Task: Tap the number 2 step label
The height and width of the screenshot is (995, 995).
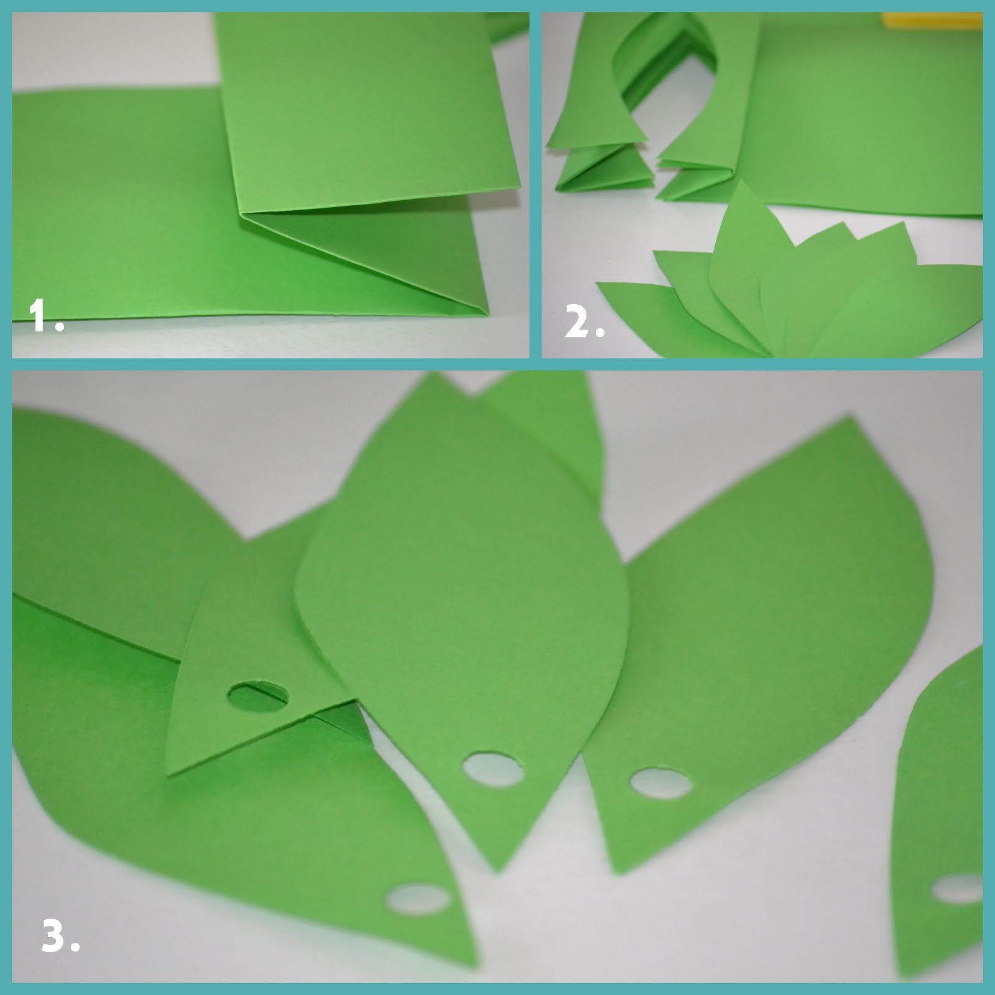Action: [x=583, y=323]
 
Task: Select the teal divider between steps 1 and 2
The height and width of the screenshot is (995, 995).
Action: [x=535, y=187]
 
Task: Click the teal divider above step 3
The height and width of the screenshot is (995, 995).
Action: [x=497, y=364]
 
